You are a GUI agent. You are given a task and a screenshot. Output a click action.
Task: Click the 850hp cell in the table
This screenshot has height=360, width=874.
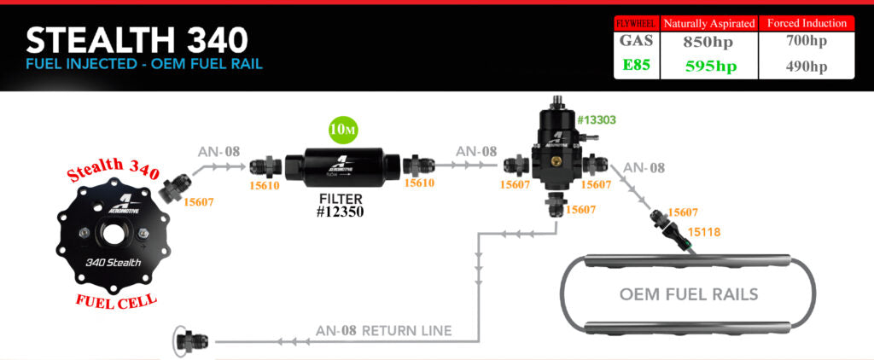pyautogui.click(x=708, y=43)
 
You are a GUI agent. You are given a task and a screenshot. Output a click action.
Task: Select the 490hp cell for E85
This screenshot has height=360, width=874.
pyautogui.click(x=806, y=67)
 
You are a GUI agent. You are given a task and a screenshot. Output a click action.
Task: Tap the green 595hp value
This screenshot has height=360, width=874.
pyautogui.click(x=711, y=67)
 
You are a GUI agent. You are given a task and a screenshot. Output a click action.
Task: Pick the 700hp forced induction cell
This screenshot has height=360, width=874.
pyautogui.click(x=806, y=41)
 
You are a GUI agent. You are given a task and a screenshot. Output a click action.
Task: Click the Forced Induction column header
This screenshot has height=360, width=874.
pyautogui.click(x=807, y=23)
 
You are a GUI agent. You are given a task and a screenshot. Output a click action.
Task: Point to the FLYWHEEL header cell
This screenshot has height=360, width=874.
pyautogui.click(x=637, y=23)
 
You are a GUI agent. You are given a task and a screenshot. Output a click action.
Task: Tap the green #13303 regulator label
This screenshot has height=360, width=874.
pyautogui.click(x=597, y=119)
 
